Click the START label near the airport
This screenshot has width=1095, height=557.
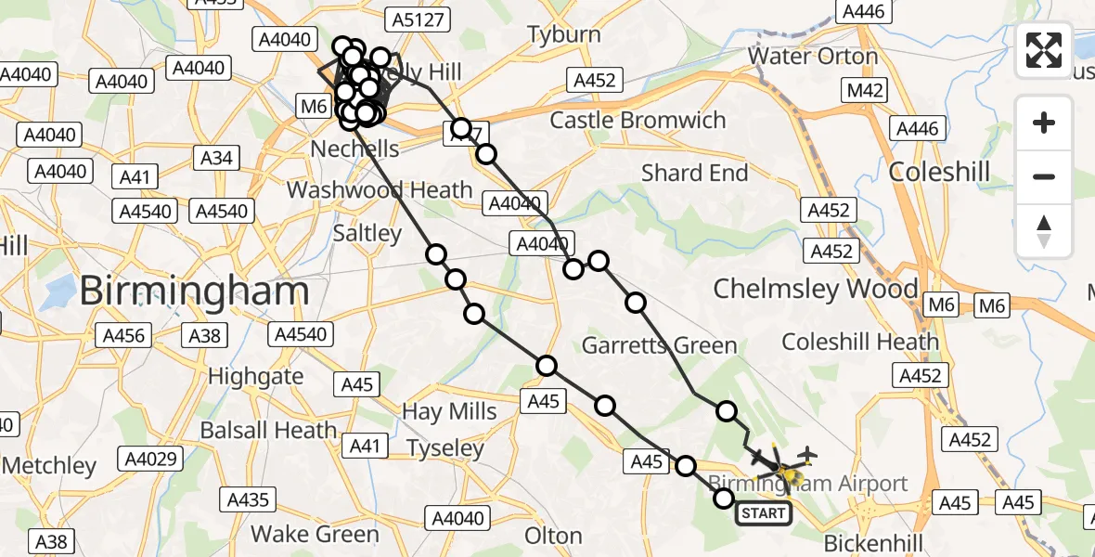764,512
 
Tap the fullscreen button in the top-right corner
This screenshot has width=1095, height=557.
1044,49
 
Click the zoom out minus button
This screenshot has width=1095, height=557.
1044,176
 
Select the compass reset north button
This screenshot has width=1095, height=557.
1044,231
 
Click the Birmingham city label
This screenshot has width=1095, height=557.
193,291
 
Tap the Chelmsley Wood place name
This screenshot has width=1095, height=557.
815,289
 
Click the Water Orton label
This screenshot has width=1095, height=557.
813,56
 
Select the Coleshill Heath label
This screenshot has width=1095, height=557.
860,342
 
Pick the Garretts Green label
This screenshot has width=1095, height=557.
659,346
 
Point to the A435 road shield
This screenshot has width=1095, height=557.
248,500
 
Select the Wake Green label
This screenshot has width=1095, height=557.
316,535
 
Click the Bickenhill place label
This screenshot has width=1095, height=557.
871,541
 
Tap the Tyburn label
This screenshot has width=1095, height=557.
564,35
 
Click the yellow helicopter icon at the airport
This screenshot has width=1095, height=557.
790,477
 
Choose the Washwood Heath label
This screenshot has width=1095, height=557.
380,190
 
